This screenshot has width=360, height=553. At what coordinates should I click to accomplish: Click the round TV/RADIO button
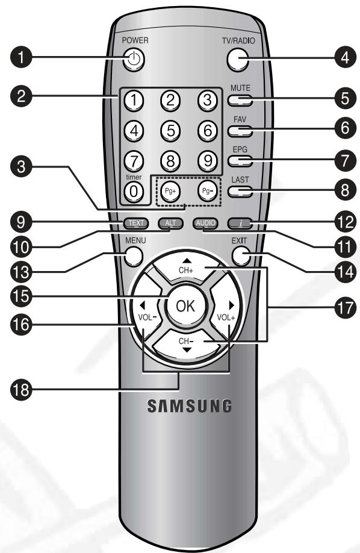click(238, 59)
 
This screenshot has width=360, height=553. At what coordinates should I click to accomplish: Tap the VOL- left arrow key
click(144, 316)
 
